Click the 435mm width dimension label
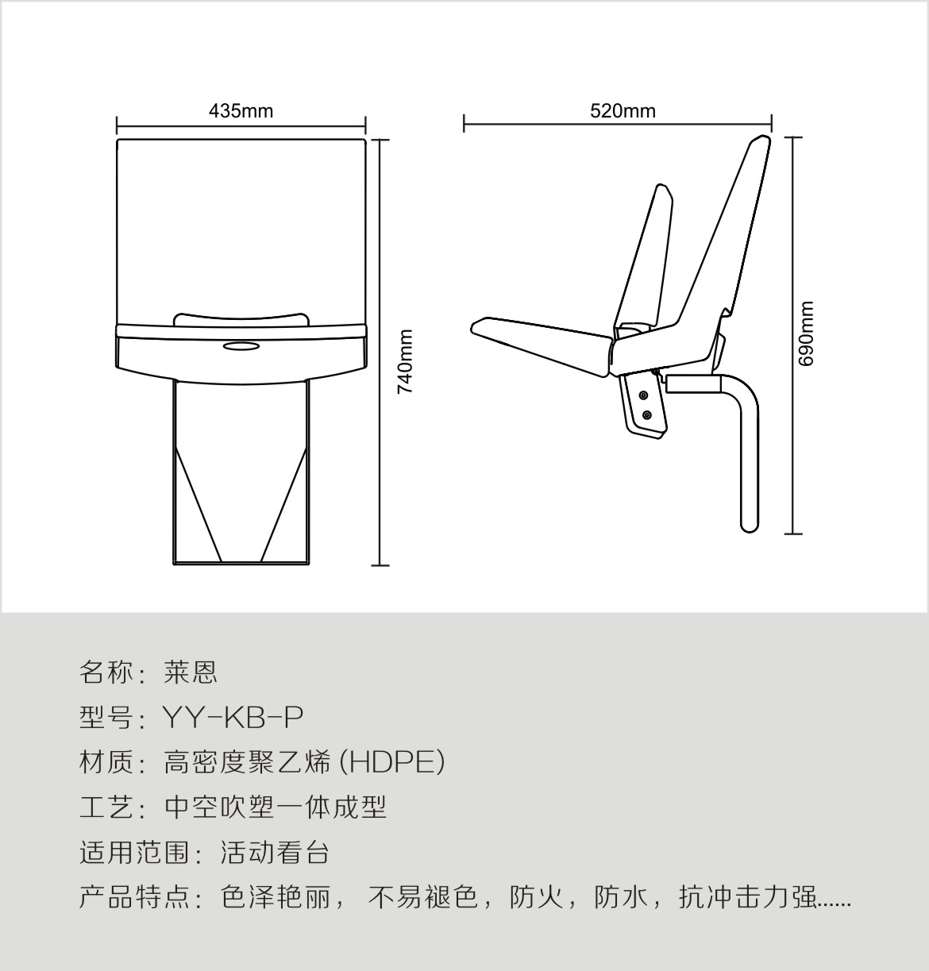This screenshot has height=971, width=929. point(241,111)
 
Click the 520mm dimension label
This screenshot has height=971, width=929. point(623,111)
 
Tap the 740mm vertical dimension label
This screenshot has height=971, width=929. point(405,362)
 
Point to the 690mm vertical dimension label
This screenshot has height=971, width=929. point(806,333)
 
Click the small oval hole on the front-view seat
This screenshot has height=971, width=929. point(241,345)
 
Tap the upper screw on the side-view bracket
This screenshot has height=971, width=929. point(644,395)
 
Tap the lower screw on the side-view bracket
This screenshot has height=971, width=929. point(647,415)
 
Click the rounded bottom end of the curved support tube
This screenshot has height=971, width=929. point(749,527)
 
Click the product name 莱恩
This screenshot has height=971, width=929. point(191,673)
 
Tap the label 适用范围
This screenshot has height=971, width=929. point(135,853)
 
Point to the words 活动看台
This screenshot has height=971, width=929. point(275,853)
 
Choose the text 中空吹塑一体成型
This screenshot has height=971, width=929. point(276,807)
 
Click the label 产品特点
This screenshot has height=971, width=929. point(135,898)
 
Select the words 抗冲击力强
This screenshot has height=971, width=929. point(748,898)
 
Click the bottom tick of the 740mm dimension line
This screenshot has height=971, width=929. point(380,565)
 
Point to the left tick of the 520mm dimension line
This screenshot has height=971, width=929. point(464,123)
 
